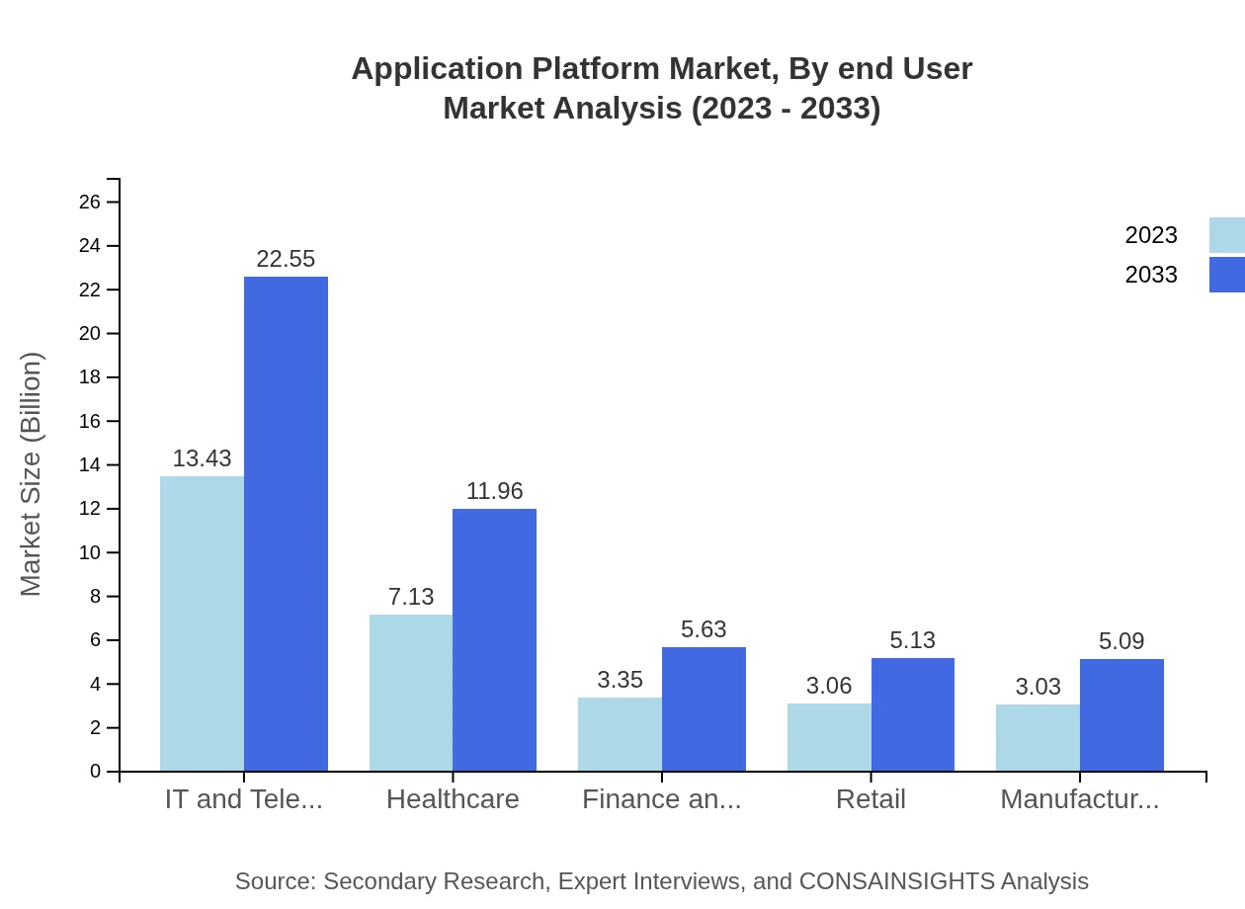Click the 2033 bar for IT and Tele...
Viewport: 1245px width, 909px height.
click(286, 524)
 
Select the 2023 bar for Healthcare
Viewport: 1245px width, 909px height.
click(411, 693)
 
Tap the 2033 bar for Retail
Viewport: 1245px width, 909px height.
click(913, 714)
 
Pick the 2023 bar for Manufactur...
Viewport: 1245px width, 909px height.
click(1037, 737)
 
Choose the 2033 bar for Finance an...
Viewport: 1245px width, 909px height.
click(704, 709)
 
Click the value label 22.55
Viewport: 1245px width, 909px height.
click(286, 259)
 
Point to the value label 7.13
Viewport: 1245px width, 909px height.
click(411, 597)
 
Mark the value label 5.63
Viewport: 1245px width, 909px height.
click(704, 629)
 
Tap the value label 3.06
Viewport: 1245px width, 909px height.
click(829, 686)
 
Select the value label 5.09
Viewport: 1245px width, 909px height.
click(1121, 641)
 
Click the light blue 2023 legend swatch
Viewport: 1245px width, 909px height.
click(1226, 235)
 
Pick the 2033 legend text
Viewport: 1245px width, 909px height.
click(1151, 275)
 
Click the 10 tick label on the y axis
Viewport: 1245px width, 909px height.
click(90, 552)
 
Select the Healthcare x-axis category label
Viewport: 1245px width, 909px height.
click(453, 799)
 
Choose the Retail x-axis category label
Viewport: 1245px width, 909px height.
click(871, 799)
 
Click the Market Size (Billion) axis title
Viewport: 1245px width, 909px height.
click(32, 474)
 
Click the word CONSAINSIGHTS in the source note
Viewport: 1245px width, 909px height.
click(896, 881)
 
